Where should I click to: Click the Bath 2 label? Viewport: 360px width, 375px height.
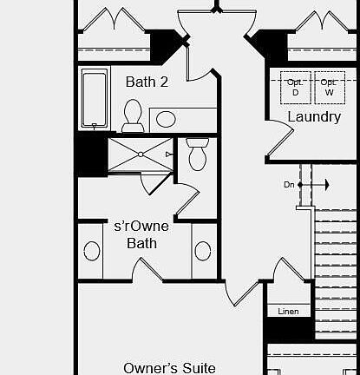(147, 82)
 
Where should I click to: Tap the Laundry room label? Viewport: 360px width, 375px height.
(313, 116)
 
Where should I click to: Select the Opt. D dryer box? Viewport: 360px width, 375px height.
(295, 87)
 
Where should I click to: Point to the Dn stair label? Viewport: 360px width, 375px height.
(289, 185)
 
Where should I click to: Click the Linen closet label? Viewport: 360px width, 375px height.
(288, 311)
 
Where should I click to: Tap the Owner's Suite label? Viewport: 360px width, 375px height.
(169, 367)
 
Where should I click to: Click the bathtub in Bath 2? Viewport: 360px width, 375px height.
(94, 97)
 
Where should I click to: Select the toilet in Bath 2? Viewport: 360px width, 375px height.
(133, 115)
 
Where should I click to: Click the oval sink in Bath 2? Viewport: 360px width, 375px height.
(166, 119)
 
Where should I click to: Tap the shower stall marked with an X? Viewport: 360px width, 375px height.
(139, 155)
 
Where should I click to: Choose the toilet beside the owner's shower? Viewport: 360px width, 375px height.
(196, 157)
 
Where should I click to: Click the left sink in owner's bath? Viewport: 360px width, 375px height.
(92, 251)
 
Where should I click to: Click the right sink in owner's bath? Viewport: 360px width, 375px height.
(203, 251)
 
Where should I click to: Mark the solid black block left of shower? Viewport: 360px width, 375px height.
(89, 155)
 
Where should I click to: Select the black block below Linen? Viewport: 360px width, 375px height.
(289, 329)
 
